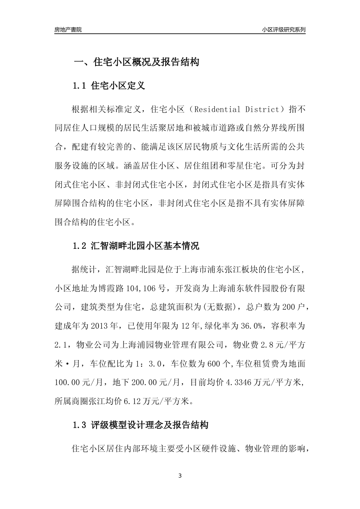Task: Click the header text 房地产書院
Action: click(x=68, y=30)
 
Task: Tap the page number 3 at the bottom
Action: click(x=180, y=476)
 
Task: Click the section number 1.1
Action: click(x=80, y=86)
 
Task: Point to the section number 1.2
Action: click(x=80, y=246)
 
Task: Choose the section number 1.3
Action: click(x=80, y=425)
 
